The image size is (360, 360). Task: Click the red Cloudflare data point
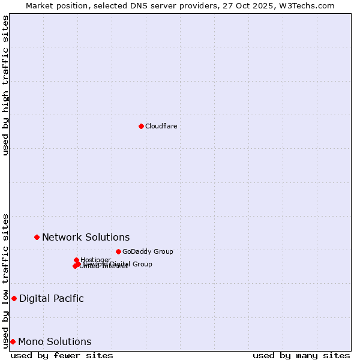coord(141,126)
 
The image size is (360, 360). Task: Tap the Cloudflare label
coord(161,126)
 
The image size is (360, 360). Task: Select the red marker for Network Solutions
coord(37,237)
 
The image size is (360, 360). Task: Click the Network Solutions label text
coord(86,237)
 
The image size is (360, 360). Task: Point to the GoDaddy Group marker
coord(118,251)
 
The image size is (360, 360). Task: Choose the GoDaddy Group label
coord(148,251)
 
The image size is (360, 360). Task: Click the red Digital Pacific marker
coord(14,298)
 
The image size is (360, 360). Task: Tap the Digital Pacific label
coord(52,298)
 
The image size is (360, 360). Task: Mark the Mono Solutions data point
coord(13,341)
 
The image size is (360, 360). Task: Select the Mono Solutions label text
coord(55,341)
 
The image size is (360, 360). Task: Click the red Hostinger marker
coord(76,260)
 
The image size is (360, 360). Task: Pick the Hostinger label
coord(96,259)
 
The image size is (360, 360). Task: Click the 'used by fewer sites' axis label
coord(62,355)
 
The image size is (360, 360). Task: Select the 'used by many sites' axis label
coord(301,355)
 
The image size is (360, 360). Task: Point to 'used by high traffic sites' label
coord(5,85)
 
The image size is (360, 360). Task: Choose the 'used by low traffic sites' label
coord(5,280)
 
